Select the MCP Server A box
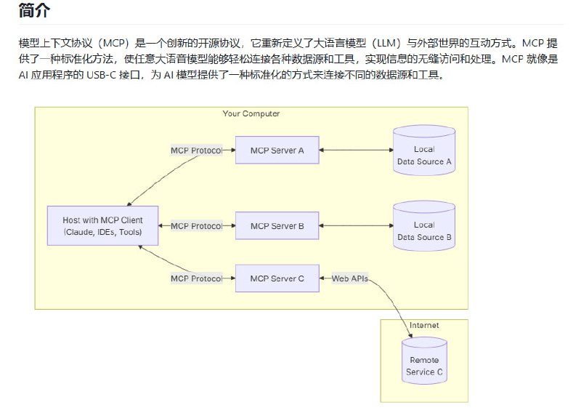point(277,151)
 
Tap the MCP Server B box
point(277,226)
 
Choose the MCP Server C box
point(277,278)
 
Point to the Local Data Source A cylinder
point(424,155)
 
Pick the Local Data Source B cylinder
point(424,230)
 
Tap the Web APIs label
point(350,278)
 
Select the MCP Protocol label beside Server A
point(196,151)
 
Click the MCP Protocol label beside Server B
point(196,226)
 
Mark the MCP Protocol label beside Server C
point(196,278)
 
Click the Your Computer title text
point(251,114)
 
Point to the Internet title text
point(424,325)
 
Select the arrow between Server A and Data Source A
point(356,151)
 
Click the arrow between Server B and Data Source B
point(356,226)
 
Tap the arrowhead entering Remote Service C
point(412,335)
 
